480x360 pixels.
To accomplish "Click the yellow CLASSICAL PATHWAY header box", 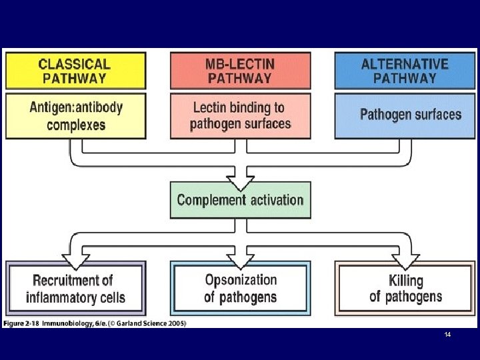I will [x=75, y=71].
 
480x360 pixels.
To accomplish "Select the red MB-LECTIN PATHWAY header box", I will [x=240, y=71].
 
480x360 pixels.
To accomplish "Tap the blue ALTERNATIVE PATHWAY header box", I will [x=405, y=71].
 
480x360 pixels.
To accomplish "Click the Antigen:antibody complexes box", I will [x=75, y=115].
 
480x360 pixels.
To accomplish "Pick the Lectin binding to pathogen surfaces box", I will [x=240, y=115].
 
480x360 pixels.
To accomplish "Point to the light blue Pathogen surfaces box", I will [x=405, y=115].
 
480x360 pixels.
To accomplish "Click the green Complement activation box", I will [x=240, y=200].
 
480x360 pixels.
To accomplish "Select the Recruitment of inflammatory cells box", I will [x=75, y=288].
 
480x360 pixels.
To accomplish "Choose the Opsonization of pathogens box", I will [x=240, y=288].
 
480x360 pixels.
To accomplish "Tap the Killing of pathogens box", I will [x=405, y=288].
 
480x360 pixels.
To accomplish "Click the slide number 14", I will [x=447, y=335].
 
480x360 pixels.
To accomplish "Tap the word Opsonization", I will [x=241, y=280].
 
